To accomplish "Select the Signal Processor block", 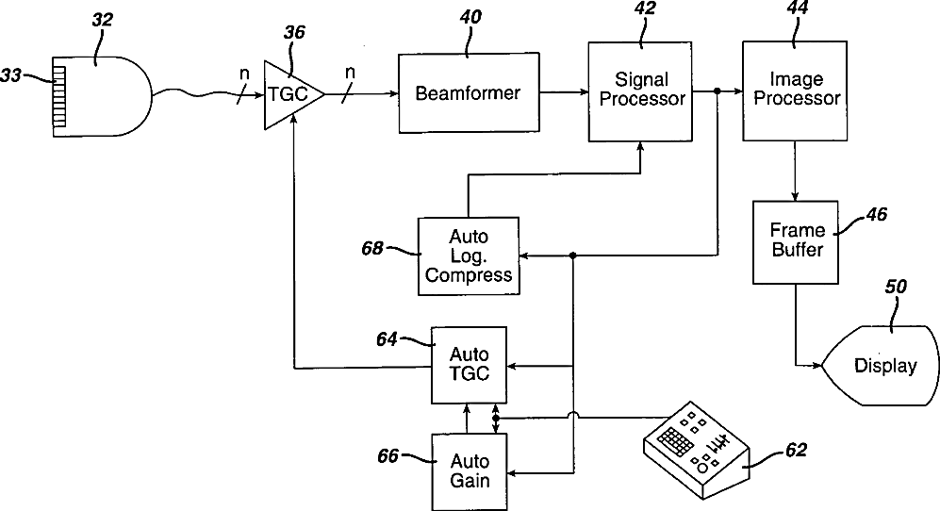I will coord(641,91).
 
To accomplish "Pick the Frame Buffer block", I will coord(796,241).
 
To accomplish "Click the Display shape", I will coord(884,366).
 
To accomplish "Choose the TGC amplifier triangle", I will coord(289,93).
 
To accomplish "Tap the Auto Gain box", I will coord(469,470).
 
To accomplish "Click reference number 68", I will coord(372,249).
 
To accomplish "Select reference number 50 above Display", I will coord(895,288).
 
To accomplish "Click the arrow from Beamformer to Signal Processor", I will coord(564,92).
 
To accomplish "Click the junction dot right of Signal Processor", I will coord(717,91).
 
